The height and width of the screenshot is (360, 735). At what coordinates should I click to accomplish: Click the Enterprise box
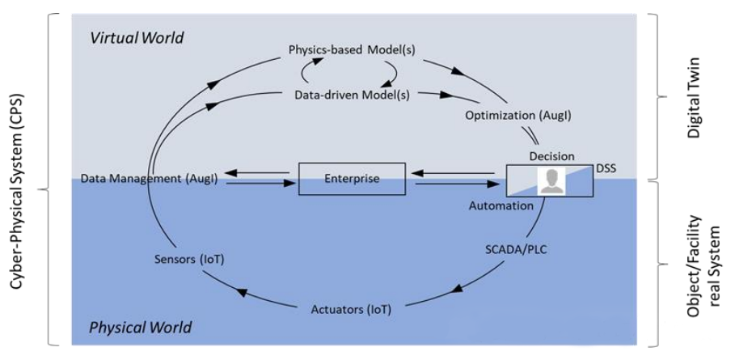point(352,179)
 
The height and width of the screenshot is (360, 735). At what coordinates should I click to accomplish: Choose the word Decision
point(551,155)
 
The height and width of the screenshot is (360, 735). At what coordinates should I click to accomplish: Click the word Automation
point(501,206)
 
